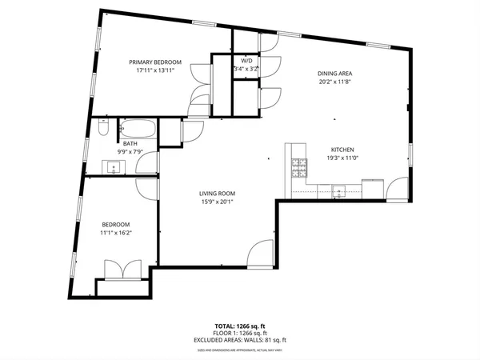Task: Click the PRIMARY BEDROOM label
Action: (x=156, y=62)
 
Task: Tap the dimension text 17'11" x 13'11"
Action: (x=156, y=70)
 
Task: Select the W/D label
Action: (x=247, y=61)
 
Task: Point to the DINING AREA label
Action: (x=335, y=73)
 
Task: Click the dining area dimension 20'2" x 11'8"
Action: (x=335, y=82)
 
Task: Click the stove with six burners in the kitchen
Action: (x=299, y=167)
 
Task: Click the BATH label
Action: (x=130, y=143)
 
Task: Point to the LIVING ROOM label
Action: (x=216, y=193)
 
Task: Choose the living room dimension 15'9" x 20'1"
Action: (x=216, y=202)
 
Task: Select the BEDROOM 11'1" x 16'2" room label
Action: (x=115, y=228)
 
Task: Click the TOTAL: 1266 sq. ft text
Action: (x=239, y=326)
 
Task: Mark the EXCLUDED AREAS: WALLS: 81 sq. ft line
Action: (x=239, y=341)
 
